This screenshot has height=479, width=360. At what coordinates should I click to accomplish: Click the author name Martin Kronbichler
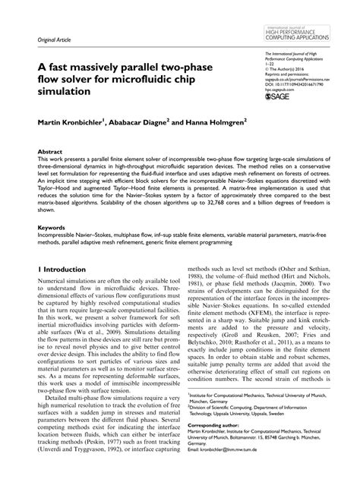pyautogui.click(x=74, y=121)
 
